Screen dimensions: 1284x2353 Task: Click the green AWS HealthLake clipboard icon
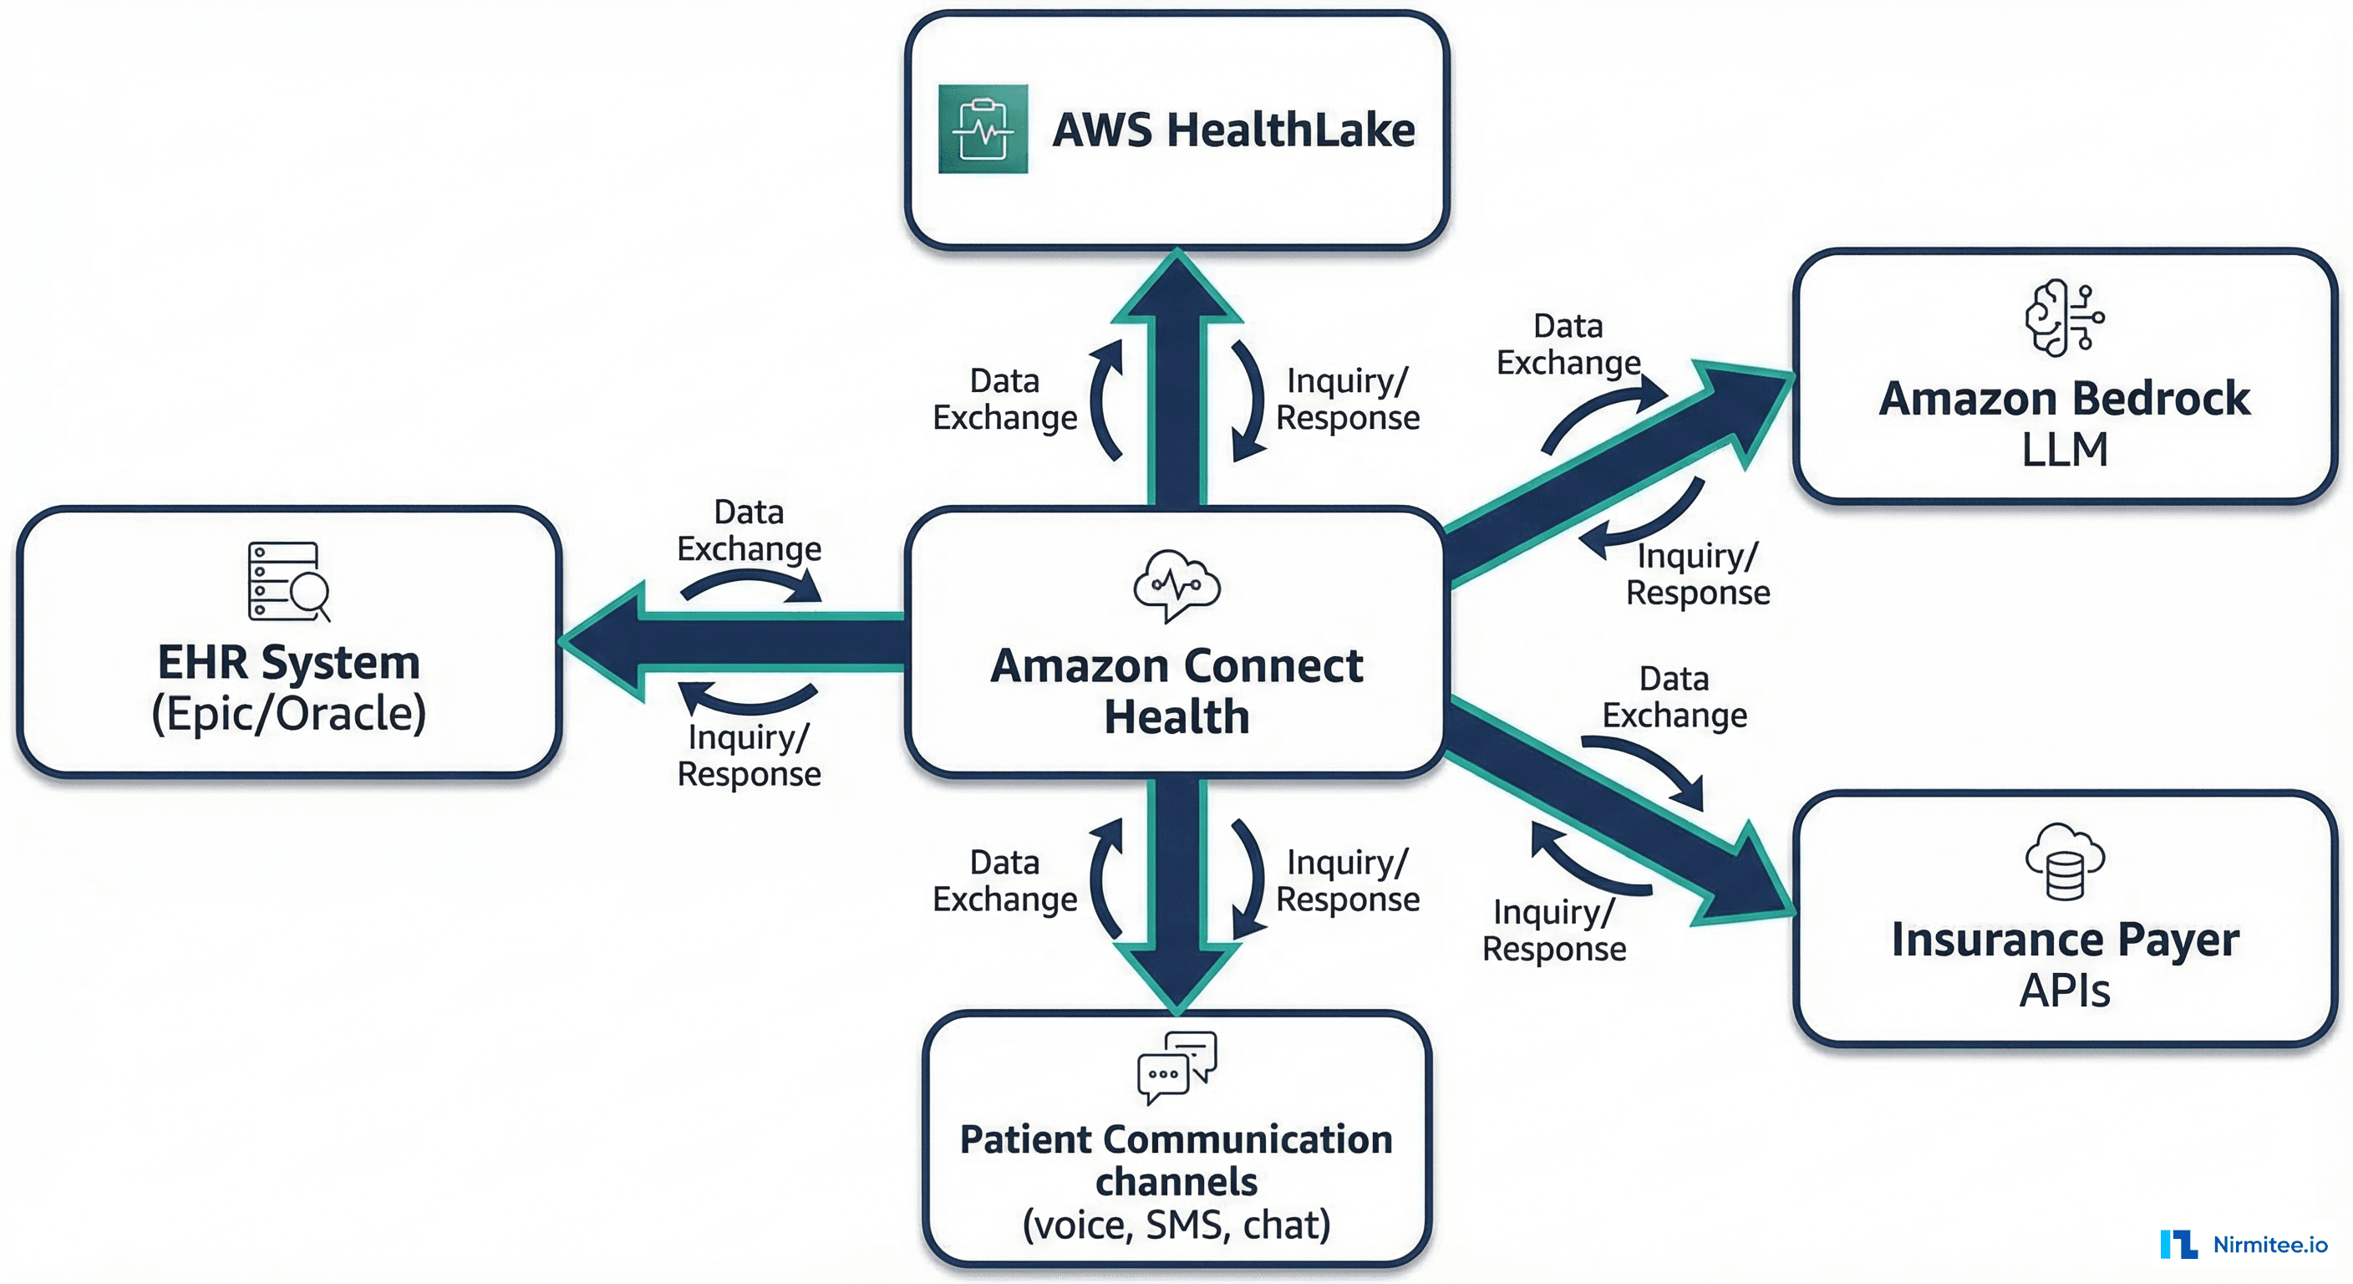click(x=983, y=129)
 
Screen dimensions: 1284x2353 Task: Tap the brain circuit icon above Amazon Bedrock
click(x=2063, y=317)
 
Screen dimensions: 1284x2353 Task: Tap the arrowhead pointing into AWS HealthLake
click(x=1176, y=288)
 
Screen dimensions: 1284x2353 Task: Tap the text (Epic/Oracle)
click(x=288, y=714)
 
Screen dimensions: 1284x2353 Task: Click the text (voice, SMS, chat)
click(x=1176, y=1225)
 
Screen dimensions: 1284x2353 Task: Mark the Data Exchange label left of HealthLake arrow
click(x=1004, y=400)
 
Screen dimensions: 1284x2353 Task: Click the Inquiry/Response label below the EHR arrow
click(x=749, y=756)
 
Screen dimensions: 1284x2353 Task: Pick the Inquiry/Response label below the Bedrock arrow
click(x=1697, y=574)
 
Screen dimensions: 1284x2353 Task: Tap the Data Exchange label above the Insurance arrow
click(x=1675, y=696)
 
